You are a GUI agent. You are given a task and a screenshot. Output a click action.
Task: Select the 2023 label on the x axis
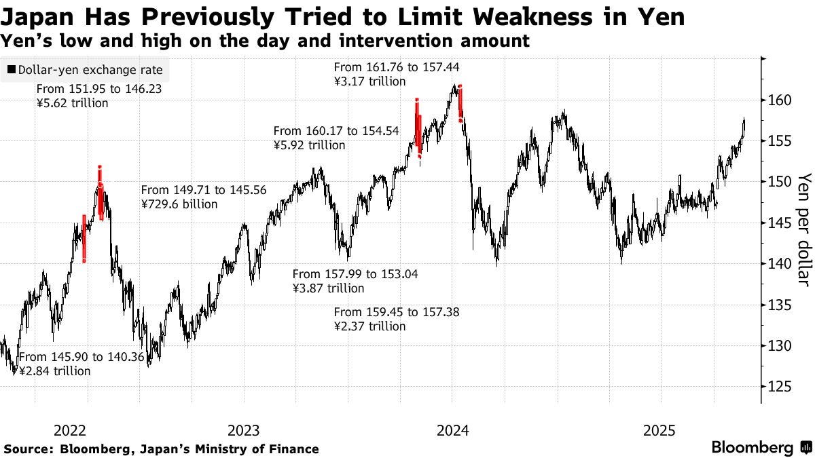tap(243, 430)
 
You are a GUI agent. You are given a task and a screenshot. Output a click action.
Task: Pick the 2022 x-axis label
tap(69, 430)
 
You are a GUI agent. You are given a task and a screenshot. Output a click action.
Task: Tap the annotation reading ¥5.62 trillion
tap(72, 104)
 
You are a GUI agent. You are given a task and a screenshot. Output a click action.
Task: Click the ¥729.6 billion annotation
tap(179, 204)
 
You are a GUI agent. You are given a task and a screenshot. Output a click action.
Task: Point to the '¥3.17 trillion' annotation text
tap(369, 81)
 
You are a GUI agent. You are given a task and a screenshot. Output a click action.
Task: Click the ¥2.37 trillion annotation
tap(369, 326)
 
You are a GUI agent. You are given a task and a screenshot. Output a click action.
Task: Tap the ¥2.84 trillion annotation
tap(54, 371)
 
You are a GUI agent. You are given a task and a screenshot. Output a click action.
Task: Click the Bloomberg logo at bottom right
tap(761, 447)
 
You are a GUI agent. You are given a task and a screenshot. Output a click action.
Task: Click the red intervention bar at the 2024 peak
tap(460, 103)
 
